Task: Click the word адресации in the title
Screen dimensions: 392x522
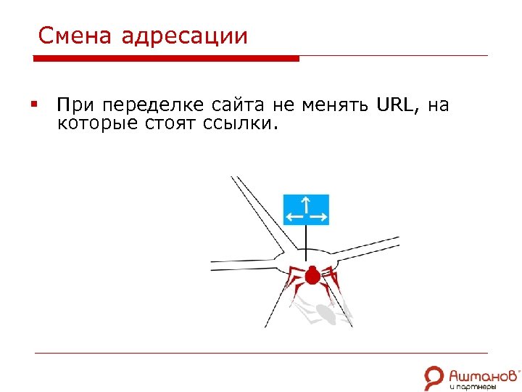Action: click(185, 37)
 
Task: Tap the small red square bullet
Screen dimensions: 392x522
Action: click(34, 106)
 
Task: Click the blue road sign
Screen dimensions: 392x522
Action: click(306, 209)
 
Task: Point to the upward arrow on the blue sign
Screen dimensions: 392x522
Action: click(306, 203)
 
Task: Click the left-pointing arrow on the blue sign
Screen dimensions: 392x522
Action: click(294, 216)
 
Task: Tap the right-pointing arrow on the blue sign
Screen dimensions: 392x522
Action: click(318, 216)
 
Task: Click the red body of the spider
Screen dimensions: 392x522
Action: click(312, 276)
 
